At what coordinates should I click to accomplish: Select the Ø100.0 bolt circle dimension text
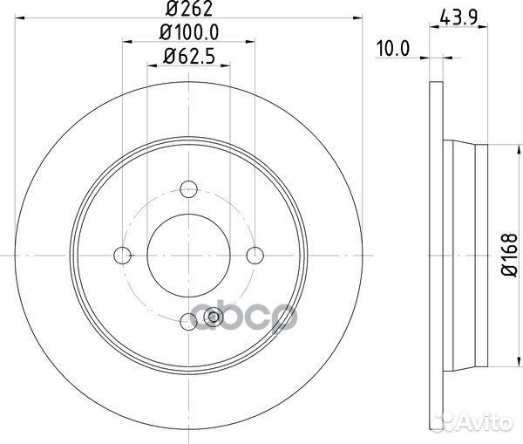[x=189, y=34]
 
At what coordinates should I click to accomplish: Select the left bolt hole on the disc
[x=123, y=254]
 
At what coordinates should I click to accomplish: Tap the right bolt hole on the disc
[x=255, y=254]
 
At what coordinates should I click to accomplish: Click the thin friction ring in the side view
[x=436, y=254]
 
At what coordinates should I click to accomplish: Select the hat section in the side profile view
[x=466, y=254]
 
